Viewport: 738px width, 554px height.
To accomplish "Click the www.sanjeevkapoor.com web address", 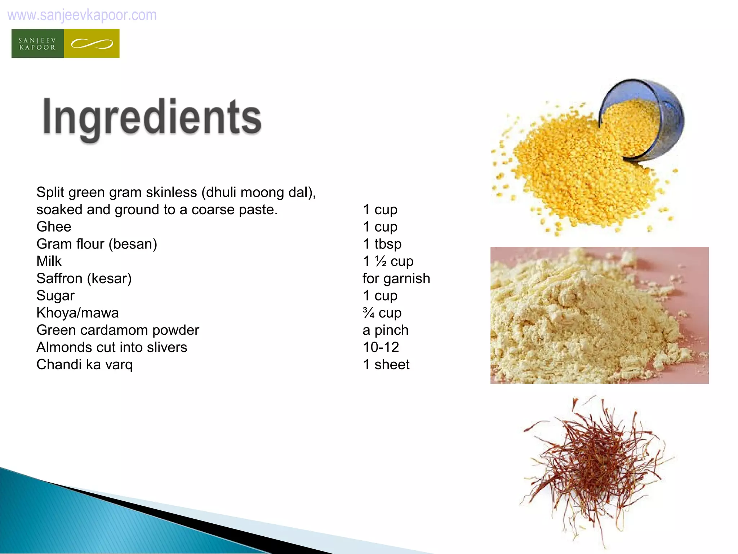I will click(82, 15).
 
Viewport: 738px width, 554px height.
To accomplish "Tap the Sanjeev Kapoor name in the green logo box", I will click(37, 44).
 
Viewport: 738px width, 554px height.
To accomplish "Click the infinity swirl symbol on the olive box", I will click(92, 44).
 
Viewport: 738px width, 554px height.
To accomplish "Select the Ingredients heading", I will click(152, 118).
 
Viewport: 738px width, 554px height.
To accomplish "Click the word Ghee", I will click(54, 227).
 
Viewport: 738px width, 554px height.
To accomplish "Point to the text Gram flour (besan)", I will click(97, 244).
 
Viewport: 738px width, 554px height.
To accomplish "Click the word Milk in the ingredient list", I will click(49, 261).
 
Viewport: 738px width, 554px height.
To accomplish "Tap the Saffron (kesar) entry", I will click(84, 278).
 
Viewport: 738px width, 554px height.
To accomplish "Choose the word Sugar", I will click(55, 296).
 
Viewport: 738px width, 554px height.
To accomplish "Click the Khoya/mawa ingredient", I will click(77, 313).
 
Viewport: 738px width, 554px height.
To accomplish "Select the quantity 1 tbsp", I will click(382, 244).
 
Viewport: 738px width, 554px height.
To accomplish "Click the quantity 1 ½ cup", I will click(388, 261).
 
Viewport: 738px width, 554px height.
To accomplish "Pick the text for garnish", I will click(396, 278).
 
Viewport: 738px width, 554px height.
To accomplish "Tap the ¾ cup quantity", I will click(382, 313).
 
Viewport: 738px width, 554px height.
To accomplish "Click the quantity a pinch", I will click(385, 330).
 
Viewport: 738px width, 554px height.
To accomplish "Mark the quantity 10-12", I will click(381, 347).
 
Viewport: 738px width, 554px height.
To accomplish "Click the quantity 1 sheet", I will click(386, 365).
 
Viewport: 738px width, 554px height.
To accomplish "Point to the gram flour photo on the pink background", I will click(599, 315).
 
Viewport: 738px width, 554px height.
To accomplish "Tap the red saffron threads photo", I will click(595, 469).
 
